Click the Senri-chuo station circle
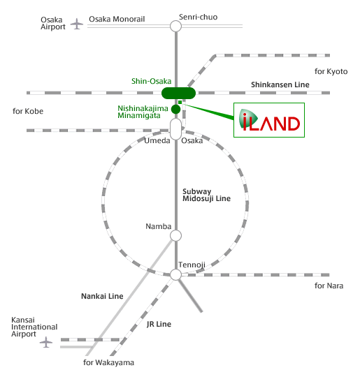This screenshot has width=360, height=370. point(175,26)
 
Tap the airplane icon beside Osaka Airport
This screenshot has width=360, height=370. point(77,24)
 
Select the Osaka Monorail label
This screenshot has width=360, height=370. point(117,19)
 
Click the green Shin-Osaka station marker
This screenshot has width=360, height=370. point(178,93)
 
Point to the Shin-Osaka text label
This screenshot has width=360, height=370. point(152,81)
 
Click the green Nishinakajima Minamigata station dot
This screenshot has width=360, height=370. point(175,109)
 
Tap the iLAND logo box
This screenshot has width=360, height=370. point(269,120)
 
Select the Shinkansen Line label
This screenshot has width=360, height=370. point(280,84)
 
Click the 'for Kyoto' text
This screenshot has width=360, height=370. point(331,71)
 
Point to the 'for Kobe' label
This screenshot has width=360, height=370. point(28,111)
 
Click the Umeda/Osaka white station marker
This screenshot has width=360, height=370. point(175,129)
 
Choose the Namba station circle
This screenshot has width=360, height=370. point(175,235)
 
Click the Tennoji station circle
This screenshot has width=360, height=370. point(175,274)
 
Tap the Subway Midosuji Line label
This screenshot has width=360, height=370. point(206,195)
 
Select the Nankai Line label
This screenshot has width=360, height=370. point(102,296)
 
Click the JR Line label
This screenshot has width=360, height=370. point(159,324)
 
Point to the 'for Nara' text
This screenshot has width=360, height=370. point(329,286)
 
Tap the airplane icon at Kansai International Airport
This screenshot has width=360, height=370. point(46,342)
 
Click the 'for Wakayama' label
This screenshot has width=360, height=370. point(108,362)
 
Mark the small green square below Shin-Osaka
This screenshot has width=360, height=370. point(180,102)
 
